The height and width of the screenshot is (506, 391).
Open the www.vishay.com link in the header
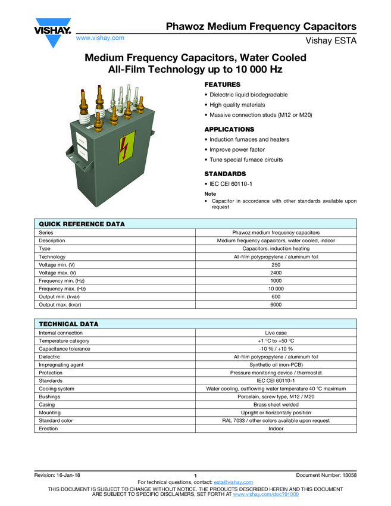pyautogui.click(x=100, y=38)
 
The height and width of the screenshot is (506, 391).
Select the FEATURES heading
pyautogui.click(x=222, y=85)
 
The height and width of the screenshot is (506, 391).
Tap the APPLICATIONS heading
pyautogui.click(x=229, y=129)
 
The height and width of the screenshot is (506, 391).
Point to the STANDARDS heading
pyautogui.click(x=225, y=174)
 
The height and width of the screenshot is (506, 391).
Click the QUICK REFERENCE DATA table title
pyautogui.click(x=82, y=224)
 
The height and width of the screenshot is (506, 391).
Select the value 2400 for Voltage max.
pyautogui.click(x=276, y=273)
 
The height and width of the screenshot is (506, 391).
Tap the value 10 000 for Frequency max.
pyautogui.click(x=276, y=289)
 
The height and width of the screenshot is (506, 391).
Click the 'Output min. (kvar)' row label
pyautogui.click(x=60, y=296)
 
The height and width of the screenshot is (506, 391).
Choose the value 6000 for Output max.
pyautogui.click(x=276, y=305)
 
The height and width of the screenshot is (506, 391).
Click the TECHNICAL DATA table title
pyautogui.click(x=68, y=324)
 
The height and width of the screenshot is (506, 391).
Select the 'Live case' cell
pyautogui.click(x=276, y=333)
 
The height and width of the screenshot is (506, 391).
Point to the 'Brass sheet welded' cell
pyautogui.click(x=276, y=405)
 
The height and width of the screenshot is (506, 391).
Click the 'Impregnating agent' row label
pyautogui.click(x=61, y=365)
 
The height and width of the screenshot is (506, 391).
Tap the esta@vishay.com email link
pyautogui.click(x=233, y=482)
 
